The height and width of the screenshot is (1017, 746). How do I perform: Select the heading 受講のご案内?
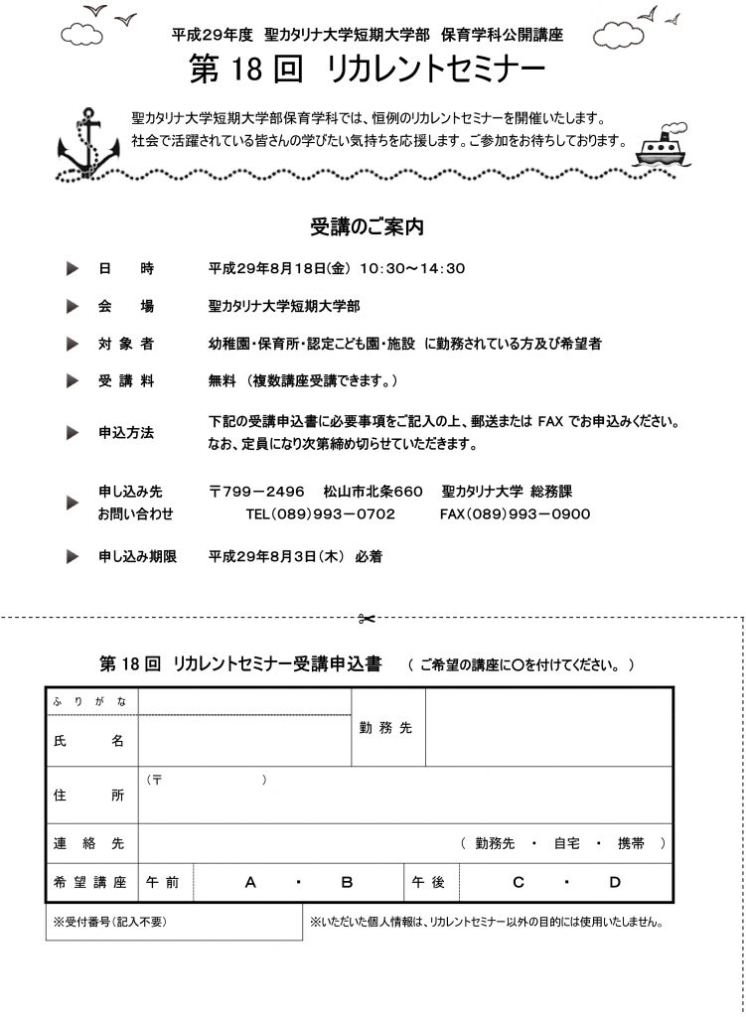368,227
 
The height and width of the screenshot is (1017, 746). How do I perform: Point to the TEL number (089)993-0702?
320,513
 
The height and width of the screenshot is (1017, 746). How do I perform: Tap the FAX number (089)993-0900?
515,513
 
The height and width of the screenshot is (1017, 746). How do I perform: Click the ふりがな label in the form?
90,701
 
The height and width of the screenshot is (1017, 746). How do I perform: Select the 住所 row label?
90,796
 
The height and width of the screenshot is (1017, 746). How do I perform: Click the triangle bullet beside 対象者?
71,343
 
